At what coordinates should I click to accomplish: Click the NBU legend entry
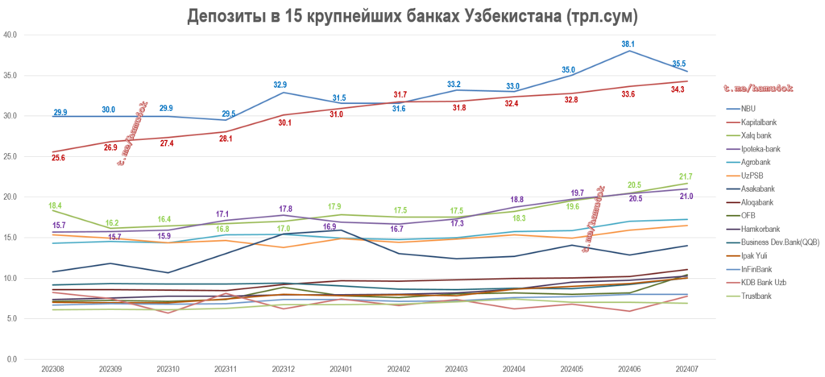tap(748, 108)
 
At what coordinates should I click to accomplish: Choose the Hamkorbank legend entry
tap(758, 230)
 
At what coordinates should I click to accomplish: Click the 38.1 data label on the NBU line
tap(628, 43)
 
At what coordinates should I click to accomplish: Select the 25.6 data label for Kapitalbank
tap(58, 158)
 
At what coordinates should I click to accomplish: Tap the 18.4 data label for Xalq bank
tap(56, 205)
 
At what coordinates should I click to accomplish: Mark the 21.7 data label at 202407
tap(686, 176)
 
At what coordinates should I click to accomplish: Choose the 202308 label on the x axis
tap(54, 368)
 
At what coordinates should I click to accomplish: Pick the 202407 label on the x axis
tap(686, 368)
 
